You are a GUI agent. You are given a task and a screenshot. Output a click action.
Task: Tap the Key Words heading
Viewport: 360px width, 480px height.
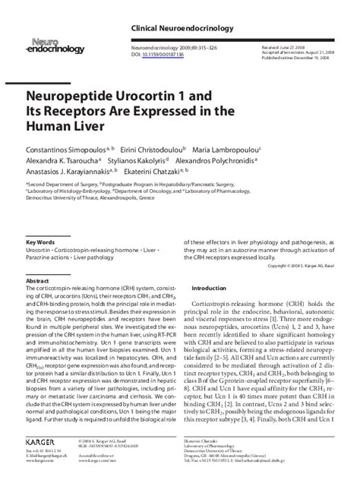coord(40,242)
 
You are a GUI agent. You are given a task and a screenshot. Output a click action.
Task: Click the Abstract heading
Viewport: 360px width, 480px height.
coord(37,281)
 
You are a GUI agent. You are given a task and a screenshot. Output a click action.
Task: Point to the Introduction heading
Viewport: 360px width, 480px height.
coord(209,289)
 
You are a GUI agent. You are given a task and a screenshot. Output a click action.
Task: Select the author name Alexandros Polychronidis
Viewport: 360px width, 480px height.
coord(226,161)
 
